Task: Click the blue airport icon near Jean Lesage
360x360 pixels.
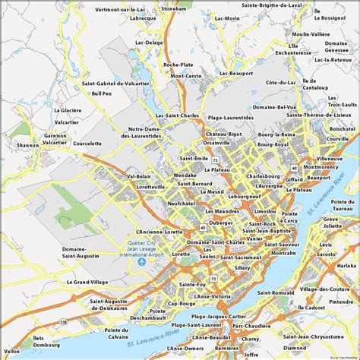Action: [141, 262]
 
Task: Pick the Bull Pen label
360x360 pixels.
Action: [101, 93]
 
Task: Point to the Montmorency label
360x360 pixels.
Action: [320, 167]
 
